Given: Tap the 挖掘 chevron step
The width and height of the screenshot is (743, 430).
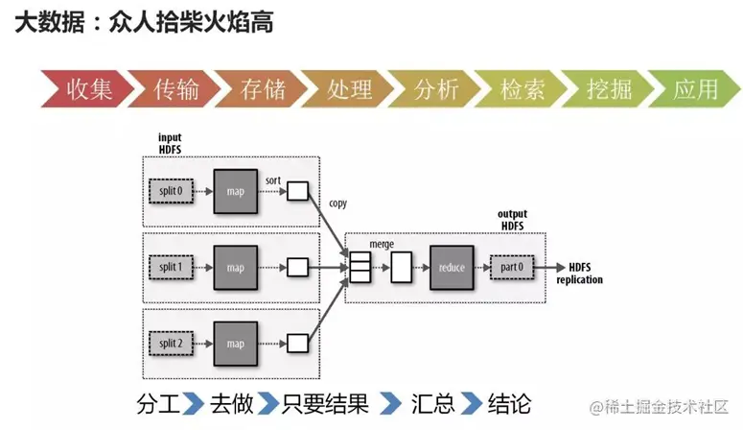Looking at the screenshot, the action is tap(609, 88).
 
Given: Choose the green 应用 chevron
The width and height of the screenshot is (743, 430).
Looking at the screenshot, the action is tap(695, 88).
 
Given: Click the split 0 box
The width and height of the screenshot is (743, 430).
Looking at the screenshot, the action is tap(171, 191).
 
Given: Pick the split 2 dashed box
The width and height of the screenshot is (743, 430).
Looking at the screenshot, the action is tap(171, 344).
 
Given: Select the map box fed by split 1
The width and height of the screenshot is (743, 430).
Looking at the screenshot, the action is tap(236, 268).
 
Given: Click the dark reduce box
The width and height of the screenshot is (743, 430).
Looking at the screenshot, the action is tap(452, 268).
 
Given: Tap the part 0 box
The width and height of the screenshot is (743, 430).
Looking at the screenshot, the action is tap(512, 267).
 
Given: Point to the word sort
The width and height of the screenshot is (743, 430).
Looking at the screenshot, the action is tap(273, 180).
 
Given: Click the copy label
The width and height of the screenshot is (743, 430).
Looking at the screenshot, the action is tap(337, 203).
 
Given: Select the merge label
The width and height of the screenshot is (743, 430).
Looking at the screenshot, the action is tap(382, 245).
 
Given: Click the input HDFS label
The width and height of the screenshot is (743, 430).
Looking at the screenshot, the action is tap(170, 143).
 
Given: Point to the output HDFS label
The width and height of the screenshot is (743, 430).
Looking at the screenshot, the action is tap(512, 220).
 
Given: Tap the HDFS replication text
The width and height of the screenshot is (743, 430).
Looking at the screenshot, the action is tap(579, 274).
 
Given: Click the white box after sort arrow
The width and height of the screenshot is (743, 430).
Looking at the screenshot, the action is tap(297, 191).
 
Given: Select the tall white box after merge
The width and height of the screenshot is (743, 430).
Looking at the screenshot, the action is tap(401, 268).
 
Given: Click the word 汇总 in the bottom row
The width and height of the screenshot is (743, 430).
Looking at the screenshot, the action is tap(433, 404).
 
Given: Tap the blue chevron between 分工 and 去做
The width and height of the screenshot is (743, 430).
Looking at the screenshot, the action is tap(193, 404).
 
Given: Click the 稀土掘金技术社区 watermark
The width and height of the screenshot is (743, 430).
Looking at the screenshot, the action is tap(659, 407).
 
